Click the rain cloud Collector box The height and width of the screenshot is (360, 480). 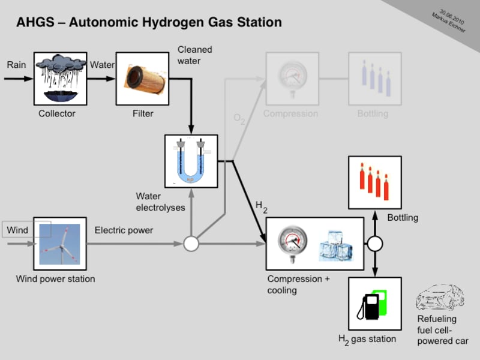click(61, 79)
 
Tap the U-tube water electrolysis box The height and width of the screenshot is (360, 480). click(191, 161)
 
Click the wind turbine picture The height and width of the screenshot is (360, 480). click(59, 244)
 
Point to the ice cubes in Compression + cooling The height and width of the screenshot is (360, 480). click(335, 245)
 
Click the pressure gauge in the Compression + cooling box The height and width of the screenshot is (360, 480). click(293, 244)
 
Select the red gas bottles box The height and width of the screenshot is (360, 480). click(374, 183)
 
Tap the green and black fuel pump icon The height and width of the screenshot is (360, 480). click(372, 305)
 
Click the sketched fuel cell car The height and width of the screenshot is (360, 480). click(440, 297)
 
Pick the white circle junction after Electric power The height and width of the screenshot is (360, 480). click(191, 244)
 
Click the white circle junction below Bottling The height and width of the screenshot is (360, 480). click(375, 244)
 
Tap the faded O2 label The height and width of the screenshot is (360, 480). click(239, 119)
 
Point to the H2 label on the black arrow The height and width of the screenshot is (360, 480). click(262, 207)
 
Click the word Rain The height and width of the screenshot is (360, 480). click(16, 65)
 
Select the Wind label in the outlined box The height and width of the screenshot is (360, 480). click(17, 230)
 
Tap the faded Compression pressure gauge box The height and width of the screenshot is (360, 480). click(292, 79)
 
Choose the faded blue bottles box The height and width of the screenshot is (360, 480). click(374, 79)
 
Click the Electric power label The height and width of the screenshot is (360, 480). click(124, 230)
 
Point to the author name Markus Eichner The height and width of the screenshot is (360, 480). click(448, 23)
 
